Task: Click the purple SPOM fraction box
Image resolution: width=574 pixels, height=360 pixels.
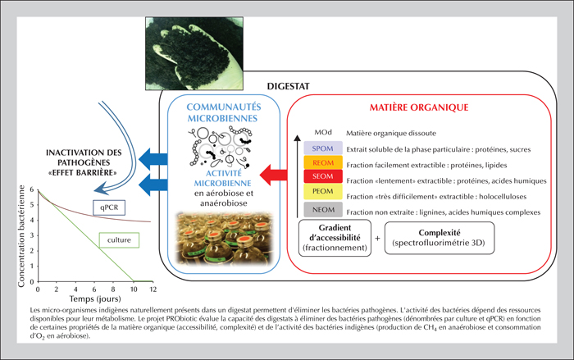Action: click(x=323, y=148)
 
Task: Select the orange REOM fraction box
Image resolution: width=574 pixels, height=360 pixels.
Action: click(x=323, y=162)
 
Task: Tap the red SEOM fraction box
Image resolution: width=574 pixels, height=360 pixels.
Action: click(x=323, y=176)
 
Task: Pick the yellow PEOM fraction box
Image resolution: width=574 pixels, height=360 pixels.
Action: click(x=323, y=191)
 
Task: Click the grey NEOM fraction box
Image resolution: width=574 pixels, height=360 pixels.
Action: click(x=323, y=210)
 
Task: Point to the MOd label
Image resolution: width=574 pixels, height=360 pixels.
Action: click(x=323, y=132)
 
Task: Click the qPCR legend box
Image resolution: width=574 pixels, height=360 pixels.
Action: click(x=109, y=207)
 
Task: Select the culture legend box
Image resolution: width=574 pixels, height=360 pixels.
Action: click(x=119, y=240)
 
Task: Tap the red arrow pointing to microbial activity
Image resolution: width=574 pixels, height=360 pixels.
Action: click(x=273, y=175)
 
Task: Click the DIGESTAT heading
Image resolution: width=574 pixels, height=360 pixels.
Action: click(x=288, y=86)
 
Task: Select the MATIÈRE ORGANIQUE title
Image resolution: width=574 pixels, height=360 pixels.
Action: click(x=419, y=107)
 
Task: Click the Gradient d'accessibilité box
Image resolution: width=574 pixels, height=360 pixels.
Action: click(x=335, y=238)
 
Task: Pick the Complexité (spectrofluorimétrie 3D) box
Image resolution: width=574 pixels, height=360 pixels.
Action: click(x=440, y=238)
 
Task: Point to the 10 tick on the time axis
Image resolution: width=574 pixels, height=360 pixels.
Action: click(x=134, y=289)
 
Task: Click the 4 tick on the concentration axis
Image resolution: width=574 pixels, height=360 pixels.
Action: click(x=32, y=220)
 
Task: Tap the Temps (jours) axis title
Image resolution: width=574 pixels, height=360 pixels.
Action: click(x=95, y=298)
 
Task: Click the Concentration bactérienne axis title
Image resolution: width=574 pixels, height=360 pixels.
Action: click(x=21, y=236)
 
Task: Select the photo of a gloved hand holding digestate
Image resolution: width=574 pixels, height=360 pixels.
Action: click(x=194, y=53)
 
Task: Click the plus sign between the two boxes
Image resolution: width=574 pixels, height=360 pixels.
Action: click(x=377, y=239)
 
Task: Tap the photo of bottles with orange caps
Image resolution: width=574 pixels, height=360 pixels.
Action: click(x=224, y=238)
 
